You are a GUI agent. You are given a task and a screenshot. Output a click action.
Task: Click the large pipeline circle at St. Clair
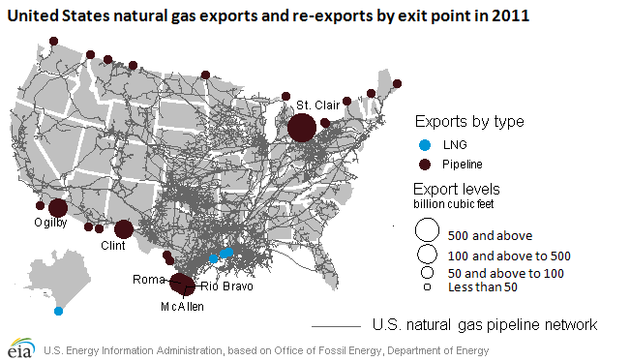pyautogui.click(x=301, y=127)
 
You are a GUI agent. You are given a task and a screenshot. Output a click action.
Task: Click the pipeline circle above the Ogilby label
pyautogui.click(x=57, y=207)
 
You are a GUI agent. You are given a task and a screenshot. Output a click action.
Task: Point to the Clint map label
pyautogui.click(x=113, y=246)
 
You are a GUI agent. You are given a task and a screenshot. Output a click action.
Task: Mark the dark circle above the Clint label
pyautogui.click(x=124, y=229)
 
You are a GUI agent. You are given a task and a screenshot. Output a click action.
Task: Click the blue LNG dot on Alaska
pyautogui.click(x=59, y=311)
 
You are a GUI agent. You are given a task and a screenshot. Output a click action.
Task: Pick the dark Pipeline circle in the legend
pyautogui.click(x=427, y=165)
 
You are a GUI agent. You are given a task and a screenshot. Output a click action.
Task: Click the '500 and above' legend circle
pyautogui.click(x=425, y=231)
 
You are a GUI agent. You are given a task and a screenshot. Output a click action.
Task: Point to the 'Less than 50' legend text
pyautogui.click(x=484, y=286)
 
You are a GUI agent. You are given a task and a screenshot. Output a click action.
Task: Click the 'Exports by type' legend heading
pyautogui.click(x=469, y=123)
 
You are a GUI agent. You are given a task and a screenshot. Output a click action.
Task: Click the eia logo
pyautogui.click(x=20, y=347)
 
